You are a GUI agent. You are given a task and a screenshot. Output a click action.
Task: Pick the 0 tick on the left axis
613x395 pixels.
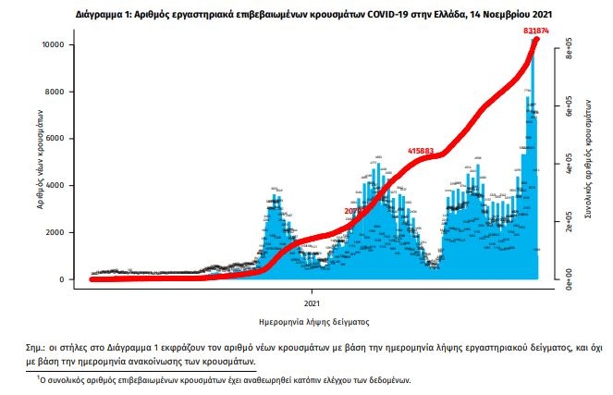click(60, 279)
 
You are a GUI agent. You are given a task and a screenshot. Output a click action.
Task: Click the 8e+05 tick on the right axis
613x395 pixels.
click(570, 54)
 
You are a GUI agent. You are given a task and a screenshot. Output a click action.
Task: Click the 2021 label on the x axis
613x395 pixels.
click(313, 302)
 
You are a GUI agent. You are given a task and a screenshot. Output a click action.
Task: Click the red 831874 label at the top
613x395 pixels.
click(536, 31)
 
